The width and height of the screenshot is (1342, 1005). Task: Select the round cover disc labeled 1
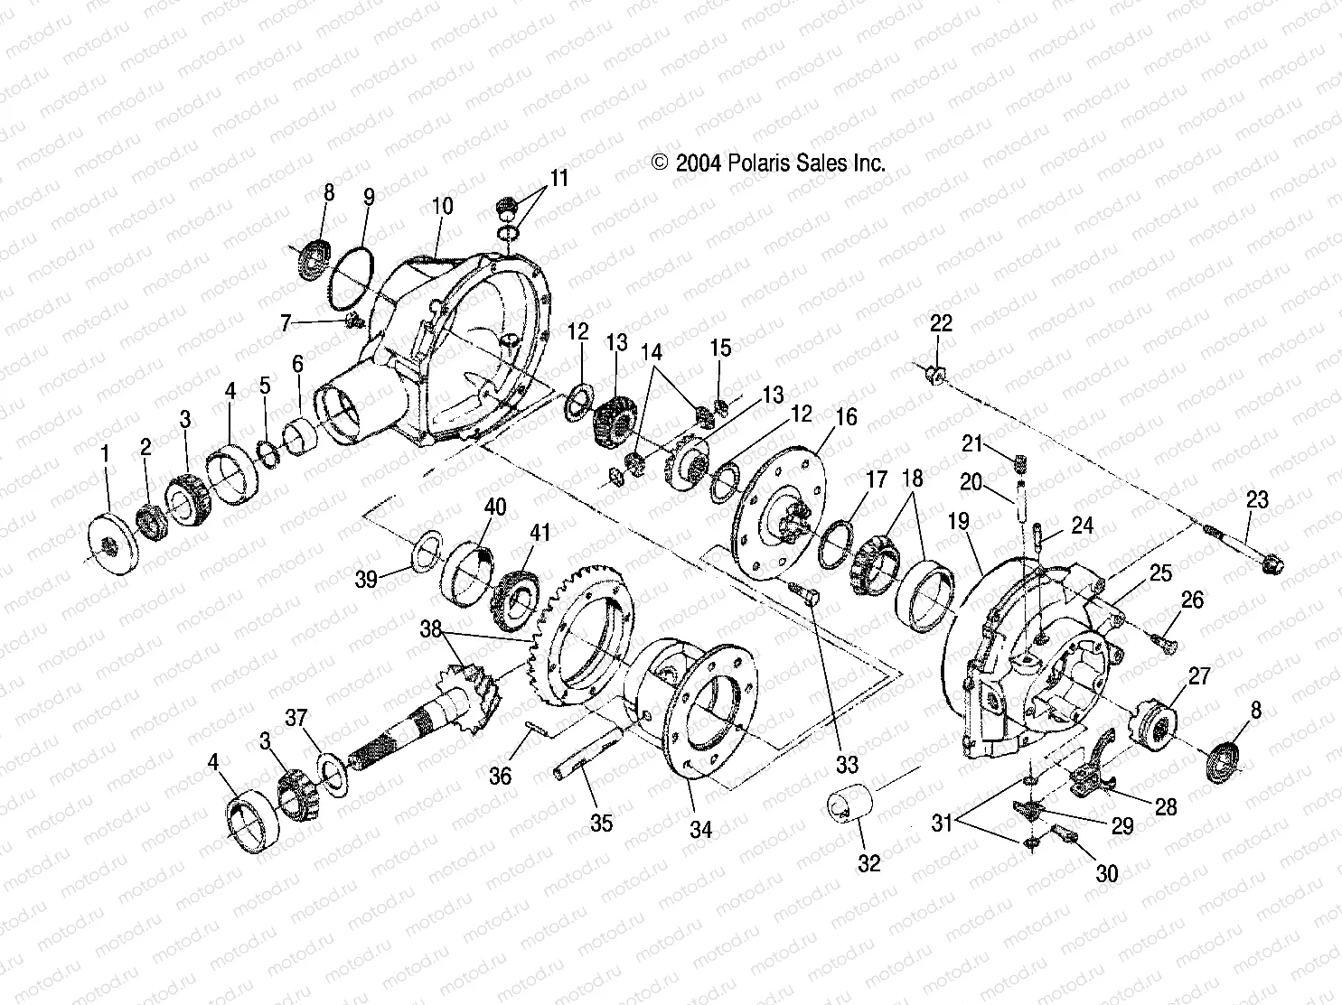(114, 544)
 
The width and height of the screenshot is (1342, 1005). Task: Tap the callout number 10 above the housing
(442, 206)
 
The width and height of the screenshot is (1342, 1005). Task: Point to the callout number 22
(941, 324)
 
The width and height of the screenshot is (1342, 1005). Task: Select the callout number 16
(846, 417)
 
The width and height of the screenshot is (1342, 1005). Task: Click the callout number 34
(700, 828)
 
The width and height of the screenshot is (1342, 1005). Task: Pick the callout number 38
(430, 628)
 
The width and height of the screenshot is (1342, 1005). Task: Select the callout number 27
(1198, 676)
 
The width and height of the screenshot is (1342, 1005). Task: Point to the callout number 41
(540, 532)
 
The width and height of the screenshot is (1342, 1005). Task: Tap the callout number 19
(959, 521)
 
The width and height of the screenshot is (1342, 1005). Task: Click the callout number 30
(1106, 873)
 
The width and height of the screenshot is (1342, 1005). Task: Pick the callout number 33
(846, 765)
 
